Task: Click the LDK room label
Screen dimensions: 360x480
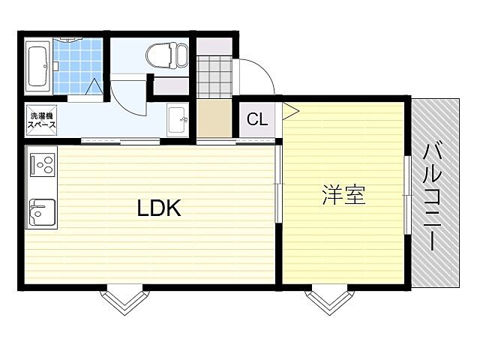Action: pos(159,208)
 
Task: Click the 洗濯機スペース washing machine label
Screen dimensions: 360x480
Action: pos(41,121)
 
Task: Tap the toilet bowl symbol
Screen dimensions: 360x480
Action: pos(166,55)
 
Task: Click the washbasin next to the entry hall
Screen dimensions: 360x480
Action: pos(177,119)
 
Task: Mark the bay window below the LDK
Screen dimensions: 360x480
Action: pos(124,301)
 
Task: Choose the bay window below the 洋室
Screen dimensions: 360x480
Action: pos(328,301)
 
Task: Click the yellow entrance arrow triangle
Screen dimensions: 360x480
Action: pos(289,112)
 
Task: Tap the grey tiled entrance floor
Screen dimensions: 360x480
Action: pos(214,76)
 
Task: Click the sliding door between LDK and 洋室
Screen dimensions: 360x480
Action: pos(278,184)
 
